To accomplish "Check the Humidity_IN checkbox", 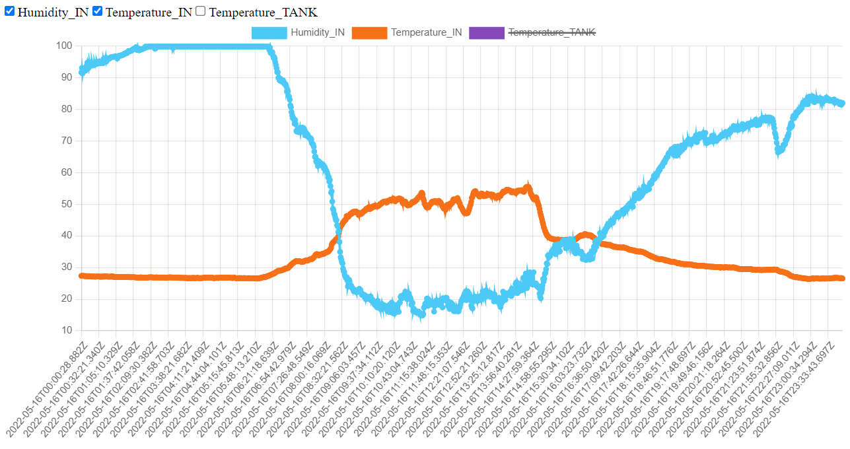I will pyautogui.click(x=9, y=11).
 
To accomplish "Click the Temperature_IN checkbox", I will pyautogui.click(x=97, y=11).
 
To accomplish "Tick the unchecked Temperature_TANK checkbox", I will pyautogui.click(x=201, y=11).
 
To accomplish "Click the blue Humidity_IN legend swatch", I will pyautogui.click(x=269, y=32).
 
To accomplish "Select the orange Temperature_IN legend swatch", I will pyautogui.click(x=369, y=32).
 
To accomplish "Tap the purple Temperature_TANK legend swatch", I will pyautogui.click(x=486, y=32).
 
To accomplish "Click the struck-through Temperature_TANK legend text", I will pyautogui.click(x=551, y=32).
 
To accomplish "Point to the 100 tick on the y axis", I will pyautogui.click(x=64, y=46).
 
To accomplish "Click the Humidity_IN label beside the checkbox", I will pyautogui.click(x=53, y=12).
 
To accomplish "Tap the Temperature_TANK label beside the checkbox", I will pyautogui.click(x=263, y=12).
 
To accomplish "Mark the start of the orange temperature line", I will pyautogui.click(x=81, y=275).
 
